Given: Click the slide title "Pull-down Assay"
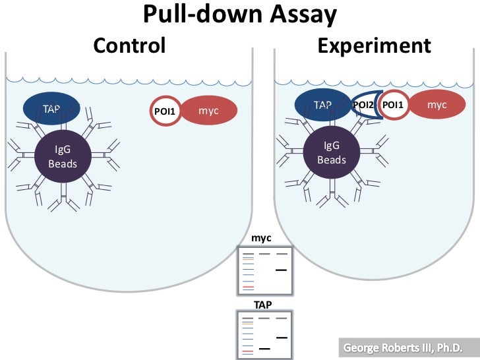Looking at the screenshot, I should (240, 15).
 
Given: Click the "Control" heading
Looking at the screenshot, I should (129, 45).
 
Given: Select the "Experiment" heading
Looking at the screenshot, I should (374, 45).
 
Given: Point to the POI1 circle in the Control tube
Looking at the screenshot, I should (164, 111).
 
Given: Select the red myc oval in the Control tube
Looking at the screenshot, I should (208, 110).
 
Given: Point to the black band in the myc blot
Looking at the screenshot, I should (281, 270).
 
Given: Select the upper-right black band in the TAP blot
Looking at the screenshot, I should (281, 338).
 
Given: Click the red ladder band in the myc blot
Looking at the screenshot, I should (247, 288).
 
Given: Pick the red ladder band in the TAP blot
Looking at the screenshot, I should (247, 353).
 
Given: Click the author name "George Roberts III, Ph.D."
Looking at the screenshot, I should (402, 347).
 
